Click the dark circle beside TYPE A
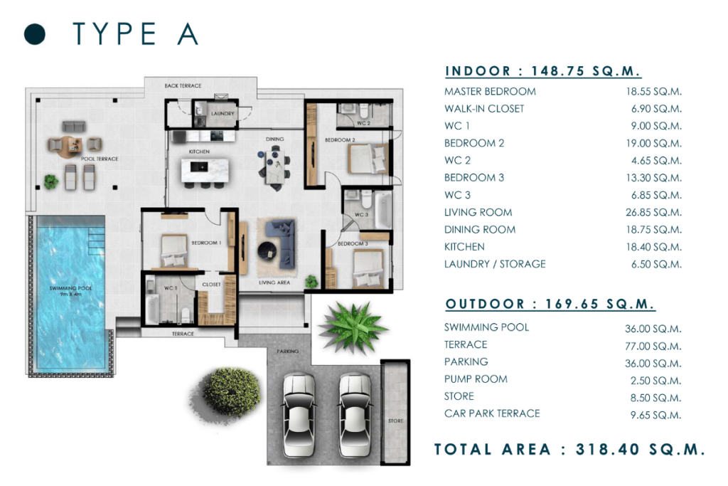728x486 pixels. (35, 34)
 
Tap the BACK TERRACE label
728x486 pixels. (183, 86)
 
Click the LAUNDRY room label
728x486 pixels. (223, 113)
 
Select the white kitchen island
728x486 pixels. (205, 170)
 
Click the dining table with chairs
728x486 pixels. (275, 167)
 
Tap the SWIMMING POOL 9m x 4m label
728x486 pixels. (70, 291)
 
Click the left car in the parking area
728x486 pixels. (299, 416)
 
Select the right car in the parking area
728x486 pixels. (355, 416)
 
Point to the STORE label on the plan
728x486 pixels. (395, 421)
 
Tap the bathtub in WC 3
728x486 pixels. (383, 211)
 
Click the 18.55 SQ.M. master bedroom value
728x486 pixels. (654, 92)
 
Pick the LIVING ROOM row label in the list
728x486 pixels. (478, 212)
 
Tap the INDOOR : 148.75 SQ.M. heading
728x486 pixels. (542, 71)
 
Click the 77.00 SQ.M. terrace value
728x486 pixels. (653, 346)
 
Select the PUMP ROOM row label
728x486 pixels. (476, 379)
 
